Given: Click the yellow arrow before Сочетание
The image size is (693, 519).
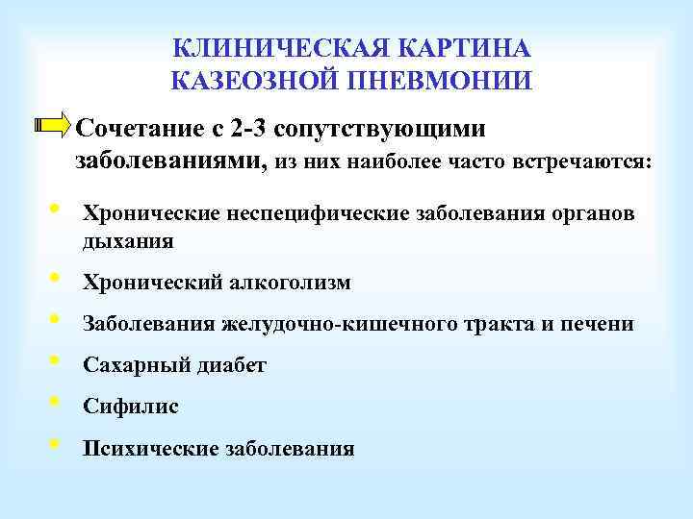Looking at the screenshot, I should tap(52, 125).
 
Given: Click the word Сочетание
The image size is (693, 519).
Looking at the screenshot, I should tap(141, 129).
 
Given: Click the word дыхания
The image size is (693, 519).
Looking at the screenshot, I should tap(129, 241).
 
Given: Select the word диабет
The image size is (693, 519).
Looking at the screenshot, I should tap(231, 365).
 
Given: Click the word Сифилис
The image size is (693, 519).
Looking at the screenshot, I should tap(131, 407).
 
